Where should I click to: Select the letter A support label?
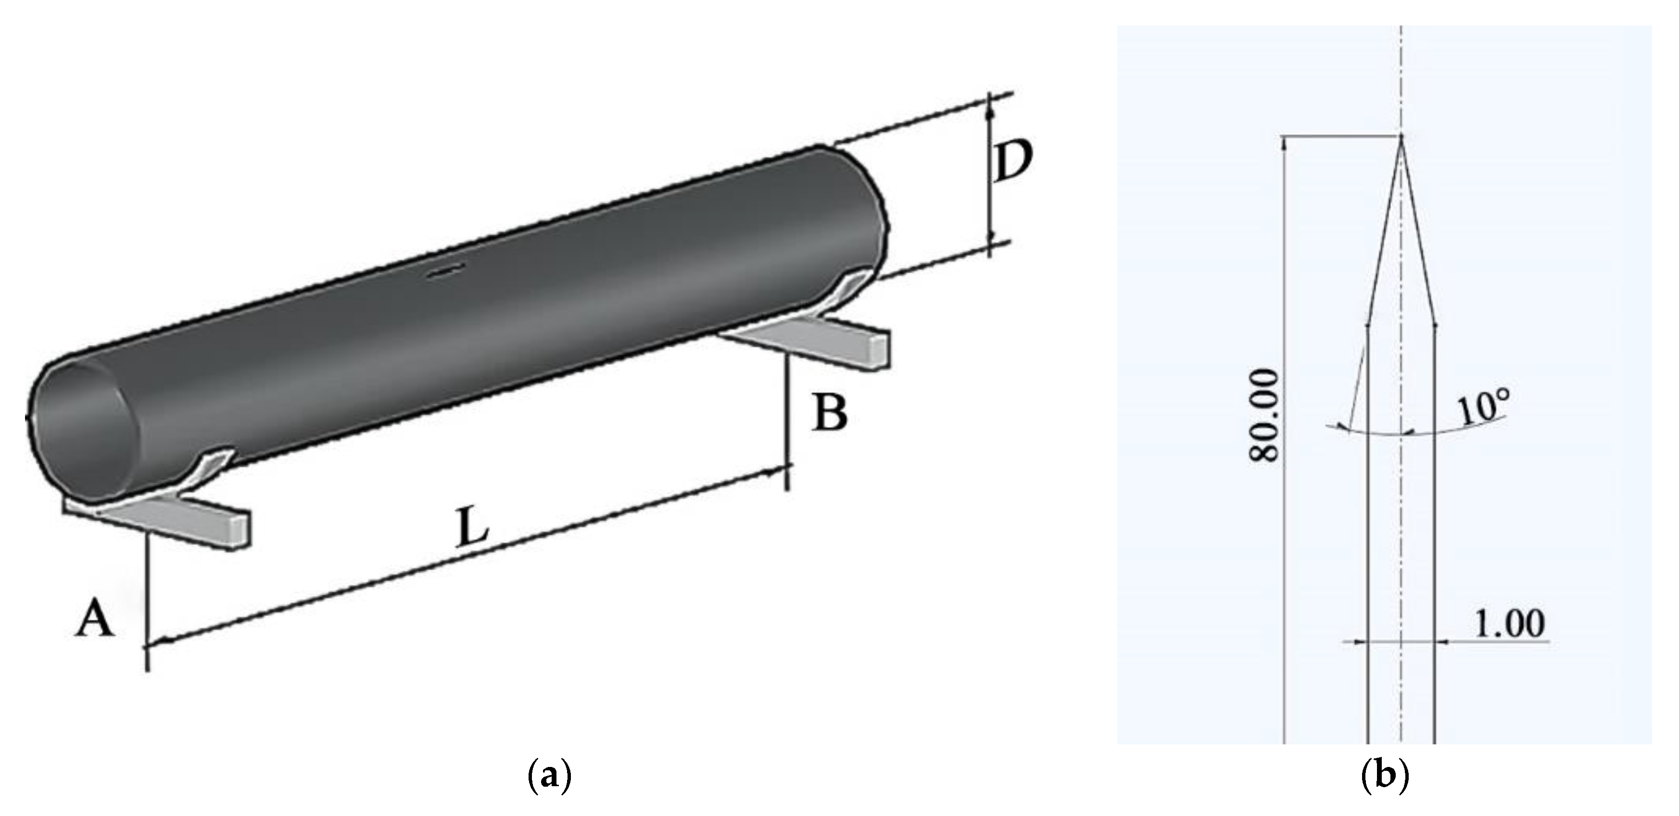96,620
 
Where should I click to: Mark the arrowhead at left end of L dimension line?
160,641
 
